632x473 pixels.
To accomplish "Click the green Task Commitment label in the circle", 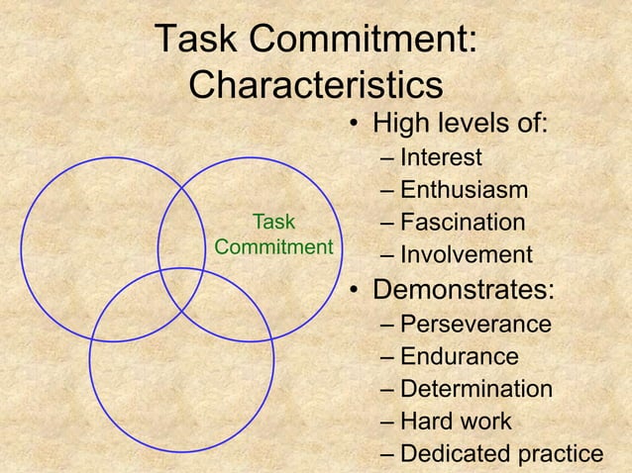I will point(272,234).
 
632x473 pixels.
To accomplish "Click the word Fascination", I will point(463,224).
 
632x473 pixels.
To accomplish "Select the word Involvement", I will point(466,256).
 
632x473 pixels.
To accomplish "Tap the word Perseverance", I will point(476,325).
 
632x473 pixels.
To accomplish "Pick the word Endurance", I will point(459,357).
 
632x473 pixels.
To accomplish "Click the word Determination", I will point(476,389).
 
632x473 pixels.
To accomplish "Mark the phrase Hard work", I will point(456,422).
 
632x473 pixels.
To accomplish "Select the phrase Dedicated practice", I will point(501,454).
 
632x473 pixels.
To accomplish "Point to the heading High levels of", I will point(460,126).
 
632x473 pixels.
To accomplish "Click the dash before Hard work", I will point(385,423).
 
